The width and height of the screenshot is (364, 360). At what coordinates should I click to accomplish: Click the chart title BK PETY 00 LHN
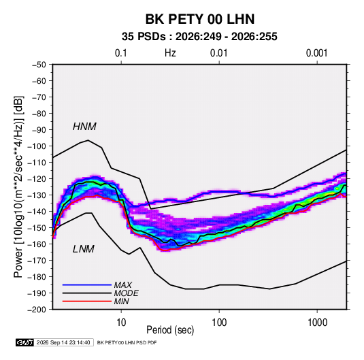coord(200,19)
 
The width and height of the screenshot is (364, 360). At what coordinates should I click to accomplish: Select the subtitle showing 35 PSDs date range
coord(199,37)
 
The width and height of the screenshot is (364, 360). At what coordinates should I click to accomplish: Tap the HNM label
coord(84,127)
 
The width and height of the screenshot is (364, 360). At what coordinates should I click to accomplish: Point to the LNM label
coord(84,249)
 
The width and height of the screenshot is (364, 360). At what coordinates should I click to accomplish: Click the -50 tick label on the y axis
coord(39,65)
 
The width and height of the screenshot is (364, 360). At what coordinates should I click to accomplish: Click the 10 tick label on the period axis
coord(121,323)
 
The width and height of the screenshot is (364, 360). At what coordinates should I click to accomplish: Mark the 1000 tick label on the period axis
coord(317,323)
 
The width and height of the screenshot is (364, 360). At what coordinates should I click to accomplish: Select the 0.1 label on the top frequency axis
coord(121,53)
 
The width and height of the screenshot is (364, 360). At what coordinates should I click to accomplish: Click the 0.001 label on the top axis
coord(316,53)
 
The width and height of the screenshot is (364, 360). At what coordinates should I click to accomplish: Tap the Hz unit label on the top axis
coord(170,53)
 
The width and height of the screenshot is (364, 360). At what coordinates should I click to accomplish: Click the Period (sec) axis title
coord(170,330)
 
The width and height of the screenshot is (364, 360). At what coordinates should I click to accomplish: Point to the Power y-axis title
coord(18,186)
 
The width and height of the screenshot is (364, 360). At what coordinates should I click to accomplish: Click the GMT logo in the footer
coord(25,342)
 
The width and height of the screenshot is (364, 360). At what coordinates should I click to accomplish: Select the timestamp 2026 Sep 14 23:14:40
coord(63,342)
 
